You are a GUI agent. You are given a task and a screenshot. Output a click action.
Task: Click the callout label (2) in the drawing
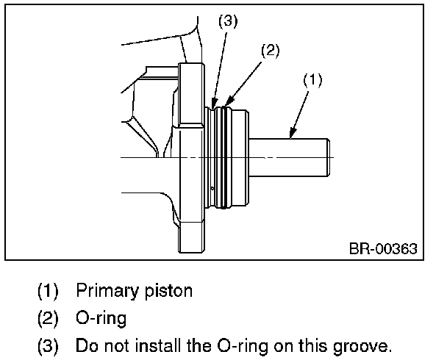click(271, 51)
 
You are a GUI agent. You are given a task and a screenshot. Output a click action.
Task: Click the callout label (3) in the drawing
click(228, 22)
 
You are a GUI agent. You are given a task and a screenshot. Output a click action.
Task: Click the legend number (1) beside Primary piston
click(49, 290)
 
